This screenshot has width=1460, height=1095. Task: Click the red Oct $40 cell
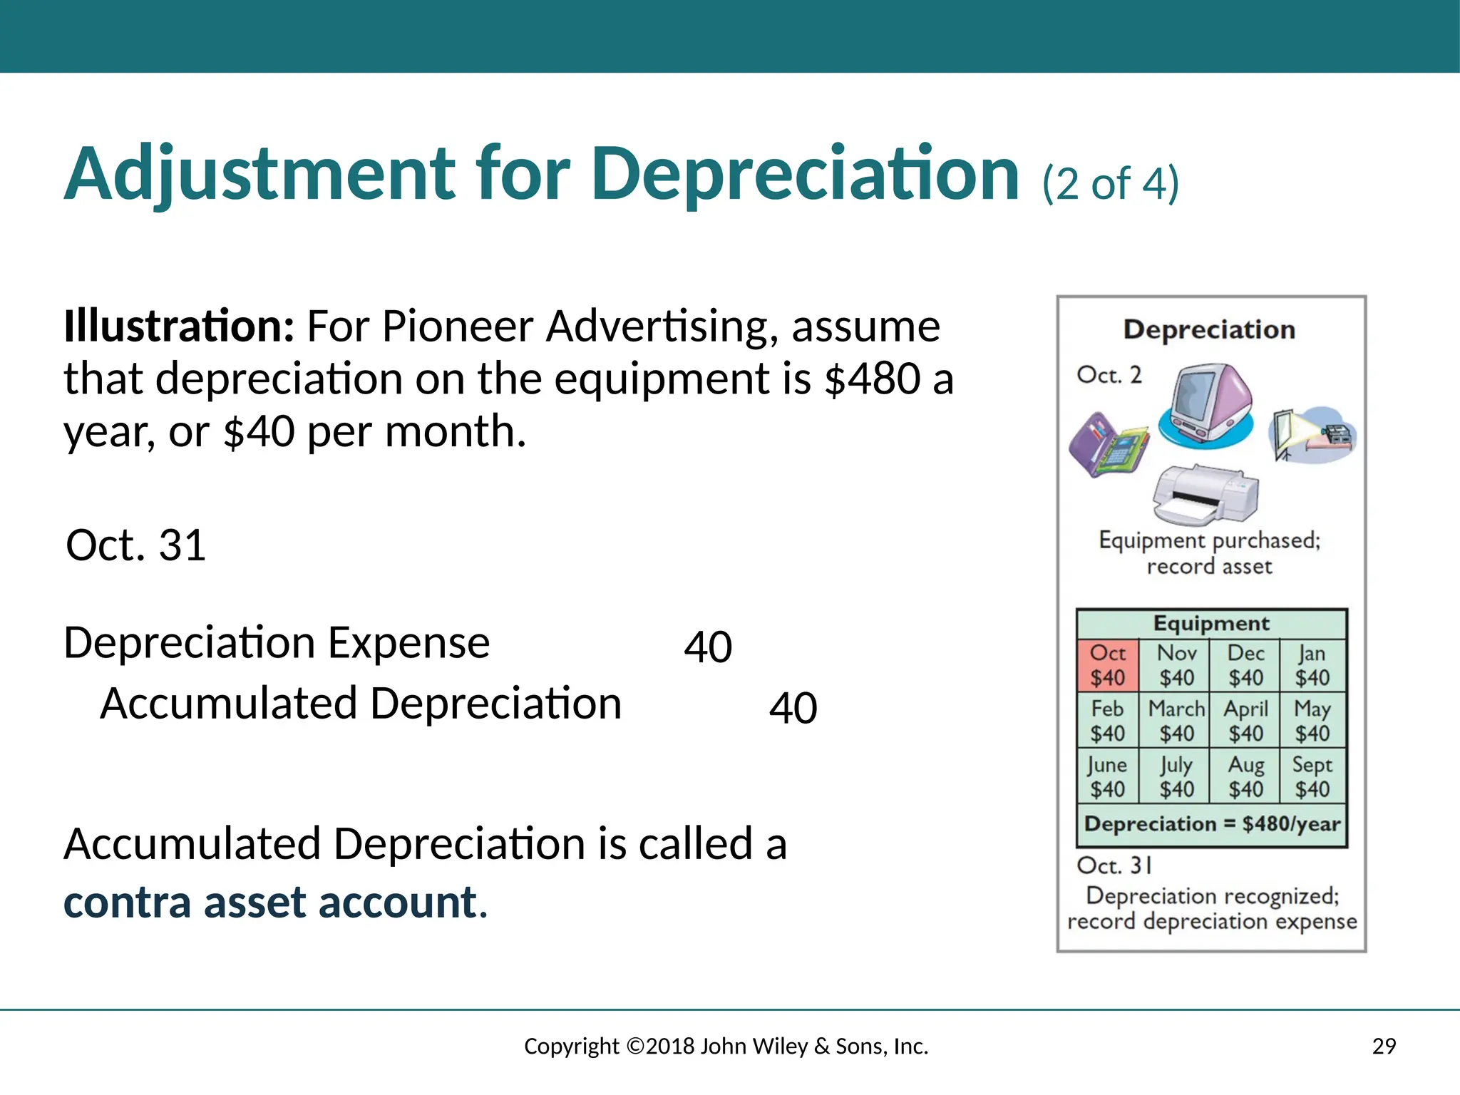pos(1107,665)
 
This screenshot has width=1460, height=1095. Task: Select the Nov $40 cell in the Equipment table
pos(1176,665)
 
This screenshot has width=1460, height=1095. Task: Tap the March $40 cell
pos(1176,721)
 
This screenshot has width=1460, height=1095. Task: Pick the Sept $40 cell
pos(1312,776)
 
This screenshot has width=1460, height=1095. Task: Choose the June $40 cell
pos(1107,776)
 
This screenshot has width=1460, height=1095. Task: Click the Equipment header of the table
pos(1211,624)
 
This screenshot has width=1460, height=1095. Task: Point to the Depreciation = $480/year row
pos(1211,824)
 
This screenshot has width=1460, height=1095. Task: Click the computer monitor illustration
pos(1206,405)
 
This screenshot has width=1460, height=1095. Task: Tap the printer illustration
pos(1205,495)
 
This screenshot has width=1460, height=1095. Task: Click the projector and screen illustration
pos(1312,433)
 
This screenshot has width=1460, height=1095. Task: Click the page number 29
pos(1384,1047)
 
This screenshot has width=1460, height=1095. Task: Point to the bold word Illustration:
pos(179,327)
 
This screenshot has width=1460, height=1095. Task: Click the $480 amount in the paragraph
pos(873,379)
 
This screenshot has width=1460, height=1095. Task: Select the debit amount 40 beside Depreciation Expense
pos(708,647)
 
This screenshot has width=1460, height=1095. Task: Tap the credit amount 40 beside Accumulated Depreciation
pos(793,708)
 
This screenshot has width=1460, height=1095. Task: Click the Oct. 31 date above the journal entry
pos(136,545)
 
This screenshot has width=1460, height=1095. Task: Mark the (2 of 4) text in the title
pos(1110,183)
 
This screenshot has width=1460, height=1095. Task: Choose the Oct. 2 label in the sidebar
pos(1109,375)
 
